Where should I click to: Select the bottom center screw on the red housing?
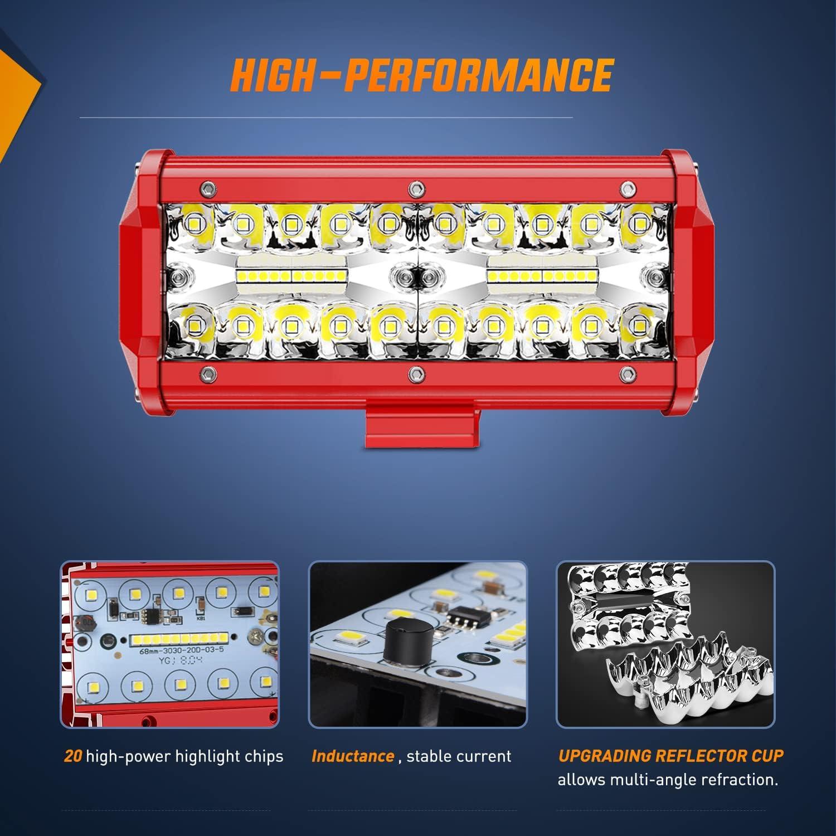tap(414, 372)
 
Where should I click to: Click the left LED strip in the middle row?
tap(293, 275)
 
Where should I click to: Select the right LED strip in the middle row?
tap(542, 275)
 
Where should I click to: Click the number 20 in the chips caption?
tap(73, 756)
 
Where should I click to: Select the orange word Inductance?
tap(353, 756)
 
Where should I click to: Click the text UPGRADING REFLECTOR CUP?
tap(670, 756)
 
